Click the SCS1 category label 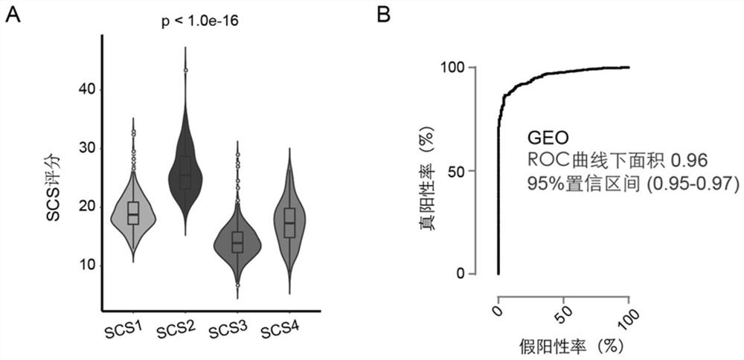click(123, 327)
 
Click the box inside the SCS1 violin click(133, 213)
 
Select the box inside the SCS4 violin click(290, 222)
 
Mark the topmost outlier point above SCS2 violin click(185, 70)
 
